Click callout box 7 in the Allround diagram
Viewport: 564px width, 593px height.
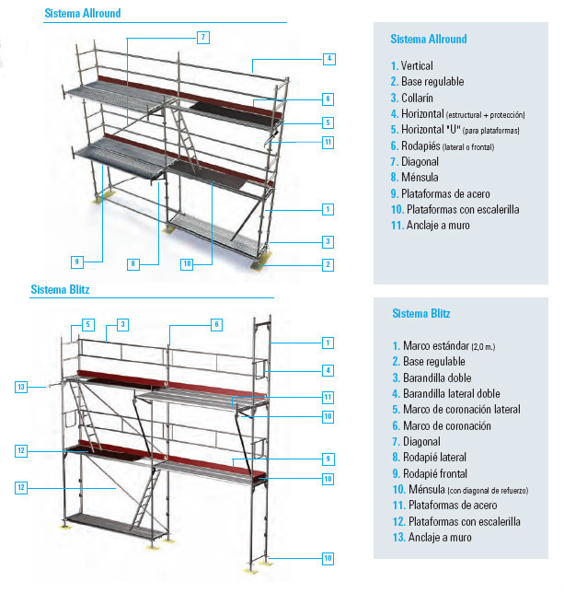[203, 38]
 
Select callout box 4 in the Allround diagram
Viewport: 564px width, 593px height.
[329, 59]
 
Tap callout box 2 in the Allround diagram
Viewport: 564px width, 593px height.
[328, 265]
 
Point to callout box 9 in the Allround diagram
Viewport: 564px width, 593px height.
[77, 262]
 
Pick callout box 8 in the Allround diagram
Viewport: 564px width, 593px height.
[133, 264]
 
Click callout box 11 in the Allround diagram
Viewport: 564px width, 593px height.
[328, 142]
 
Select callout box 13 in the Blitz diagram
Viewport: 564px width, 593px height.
[21, 387]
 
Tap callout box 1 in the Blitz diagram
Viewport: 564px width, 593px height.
[328, 343]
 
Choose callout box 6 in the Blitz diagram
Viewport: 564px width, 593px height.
[216, 324]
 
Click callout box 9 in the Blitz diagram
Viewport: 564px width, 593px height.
[328, 459]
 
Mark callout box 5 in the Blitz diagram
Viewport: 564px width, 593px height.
[88, 324]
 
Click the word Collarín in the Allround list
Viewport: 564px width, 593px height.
[417, 98]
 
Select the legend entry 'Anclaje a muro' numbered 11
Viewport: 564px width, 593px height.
[431, 226]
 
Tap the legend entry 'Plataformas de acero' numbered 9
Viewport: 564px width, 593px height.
[441, 193]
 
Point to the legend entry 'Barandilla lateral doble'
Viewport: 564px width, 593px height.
[446, 394]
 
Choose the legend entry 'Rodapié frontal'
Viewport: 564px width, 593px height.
[430, 473]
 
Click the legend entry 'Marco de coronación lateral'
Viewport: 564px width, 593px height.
[456, 409]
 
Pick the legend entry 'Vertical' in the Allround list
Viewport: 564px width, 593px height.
[412, 65]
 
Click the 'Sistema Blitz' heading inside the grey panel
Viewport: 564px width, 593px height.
[421, 313]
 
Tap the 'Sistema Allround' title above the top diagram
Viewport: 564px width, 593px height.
[83, 13]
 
